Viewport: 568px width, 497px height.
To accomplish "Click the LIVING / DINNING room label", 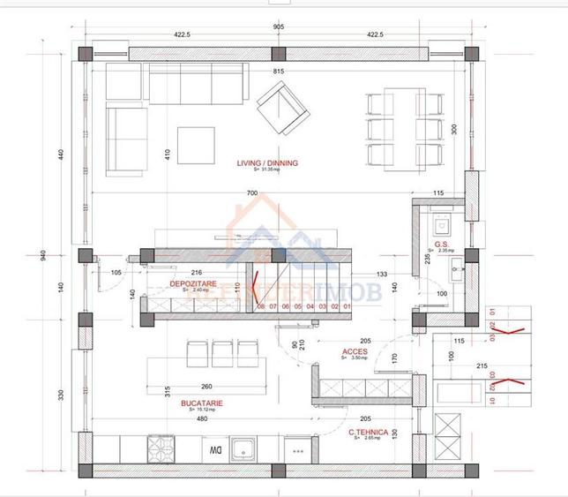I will click(x=267, y=163).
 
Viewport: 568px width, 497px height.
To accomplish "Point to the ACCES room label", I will click(x=355, y=351).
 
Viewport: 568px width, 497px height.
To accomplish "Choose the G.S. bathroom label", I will click(x=443, y=245).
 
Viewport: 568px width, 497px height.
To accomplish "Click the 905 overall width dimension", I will click(x=279, y=27).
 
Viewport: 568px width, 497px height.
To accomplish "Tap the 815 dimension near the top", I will click(x=279, y=72).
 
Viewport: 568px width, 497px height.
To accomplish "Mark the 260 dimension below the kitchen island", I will click(x=206, y=387).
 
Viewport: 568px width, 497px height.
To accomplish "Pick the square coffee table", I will click(x=196, y=146).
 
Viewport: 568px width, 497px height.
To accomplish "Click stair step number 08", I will click(x=261, y=306).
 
